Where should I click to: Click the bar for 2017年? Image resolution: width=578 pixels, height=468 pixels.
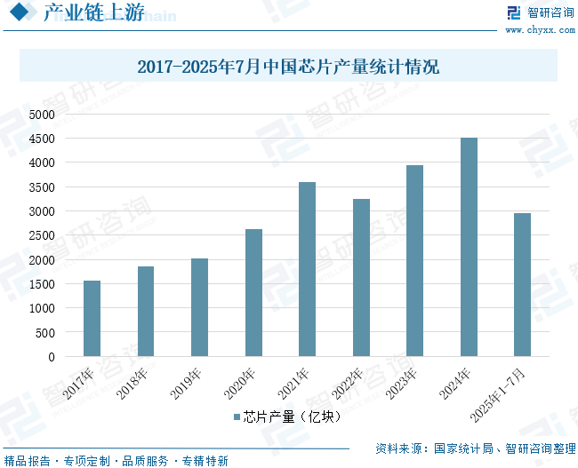[x=92, y=319]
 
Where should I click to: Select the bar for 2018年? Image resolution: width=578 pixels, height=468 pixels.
[x=146, y=312]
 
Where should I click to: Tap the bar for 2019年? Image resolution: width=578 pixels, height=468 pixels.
[x=199, y=307]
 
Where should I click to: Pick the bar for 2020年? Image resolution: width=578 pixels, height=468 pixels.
[x=253, y=293]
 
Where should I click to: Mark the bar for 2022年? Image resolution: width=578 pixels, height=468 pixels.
[x=361, y=278]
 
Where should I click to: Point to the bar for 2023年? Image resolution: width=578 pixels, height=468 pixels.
[x=414, y=261]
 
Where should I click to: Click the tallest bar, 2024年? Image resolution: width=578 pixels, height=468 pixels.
[x=469, y=247]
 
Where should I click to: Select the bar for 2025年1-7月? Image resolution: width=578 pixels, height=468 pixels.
[x=522, y=285]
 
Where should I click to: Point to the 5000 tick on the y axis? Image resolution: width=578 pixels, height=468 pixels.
[x=41, y=115]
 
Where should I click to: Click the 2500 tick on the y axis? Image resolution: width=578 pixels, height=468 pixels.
[x=41, y=236]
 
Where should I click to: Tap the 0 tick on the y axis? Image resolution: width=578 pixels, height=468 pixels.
[x=52, y=357]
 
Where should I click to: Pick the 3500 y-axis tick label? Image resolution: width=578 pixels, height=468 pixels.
[x=41, y=187]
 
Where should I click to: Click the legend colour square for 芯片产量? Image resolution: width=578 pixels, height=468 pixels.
[x=237, y=416]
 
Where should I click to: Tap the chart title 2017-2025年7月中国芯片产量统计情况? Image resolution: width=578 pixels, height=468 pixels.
[x=288, y=67]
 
